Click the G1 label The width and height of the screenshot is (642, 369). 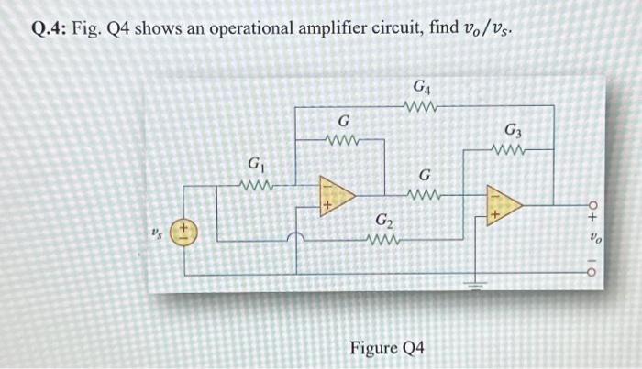[x=253, y=166]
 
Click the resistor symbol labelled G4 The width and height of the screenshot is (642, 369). [x=423, y=107]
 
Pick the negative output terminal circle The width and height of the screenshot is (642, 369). [x=591, y=272]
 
